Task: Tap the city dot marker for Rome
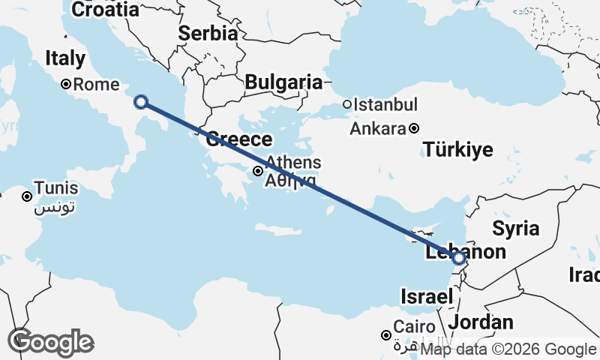click(x=66, y=85)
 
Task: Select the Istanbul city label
click(x=385, y=104)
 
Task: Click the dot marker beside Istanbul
click(x=347, y=105)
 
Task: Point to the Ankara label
click(x=378, y=128)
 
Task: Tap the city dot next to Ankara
click(x=414, y=128)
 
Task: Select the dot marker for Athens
click(x=258, y=171)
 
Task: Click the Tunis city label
click(x=56, y=190)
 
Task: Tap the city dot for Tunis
click(x=27, y=196)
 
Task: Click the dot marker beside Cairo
click(x=386, y=334)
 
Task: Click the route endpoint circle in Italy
click(x=140, y=102)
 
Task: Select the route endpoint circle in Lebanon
click(x=460, y=258)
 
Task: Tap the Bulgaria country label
click(x=283, y=82)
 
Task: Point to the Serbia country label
click(x=208, y=34)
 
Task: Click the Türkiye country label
click(x=458, y=150)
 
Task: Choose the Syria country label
click(x=517, y=229)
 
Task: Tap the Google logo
click(x=50, y=342)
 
